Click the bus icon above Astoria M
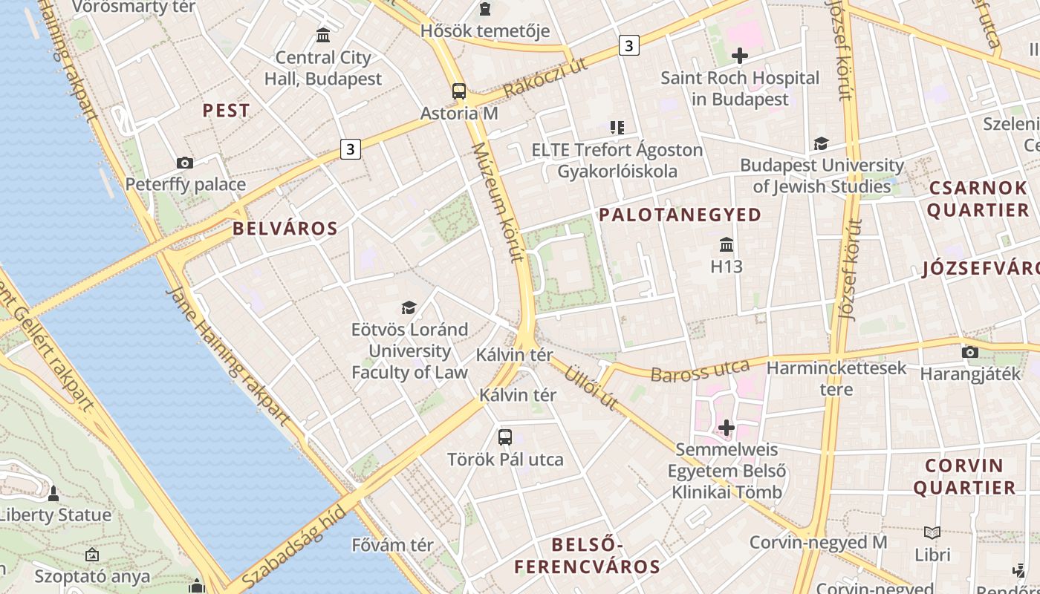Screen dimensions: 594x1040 [459, 91]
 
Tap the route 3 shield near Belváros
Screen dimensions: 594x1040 [350, 149]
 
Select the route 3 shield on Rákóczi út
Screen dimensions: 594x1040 [628, 46]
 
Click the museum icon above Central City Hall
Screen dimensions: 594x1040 [323, 35]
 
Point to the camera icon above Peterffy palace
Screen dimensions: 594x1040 [184, 163]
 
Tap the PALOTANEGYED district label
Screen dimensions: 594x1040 [680, 215]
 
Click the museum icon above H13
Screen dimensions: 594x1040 [727, 244]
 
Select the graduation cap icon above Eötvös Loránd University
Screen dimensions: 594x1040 [409, 307]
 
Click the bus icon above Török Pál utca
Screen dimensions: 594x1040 [505, 437]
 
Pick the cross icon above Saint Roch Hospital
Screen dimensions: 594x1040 [739, 56]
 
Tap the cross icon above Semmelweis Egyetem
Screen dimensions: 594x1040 [727, 428]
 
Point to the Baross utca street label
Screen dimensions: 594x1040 [700, 370]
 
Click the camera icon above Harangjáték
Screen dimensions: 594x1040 [969, 352]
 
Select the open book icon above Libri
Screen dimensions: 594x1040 [932, 532]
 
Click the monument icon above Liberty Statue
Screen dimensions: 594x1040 [53, 493]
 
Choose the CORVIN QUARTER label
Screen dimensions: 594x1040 [964, 477]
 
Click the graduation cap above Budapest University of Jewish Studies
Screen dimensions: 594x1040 [821, 143]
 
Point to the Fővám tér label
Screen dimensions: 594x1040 [392, 545]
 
